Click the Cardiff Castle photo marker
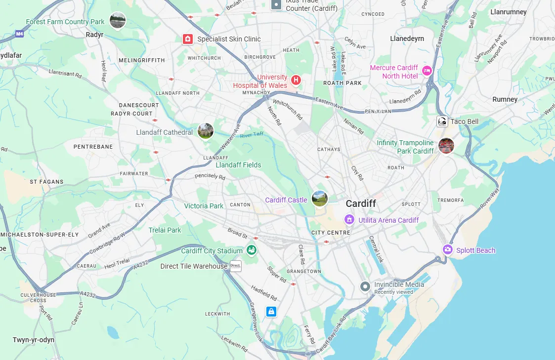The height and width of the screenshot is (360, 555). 320,199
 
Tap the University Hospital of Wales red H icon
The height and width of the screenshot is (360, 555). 296,80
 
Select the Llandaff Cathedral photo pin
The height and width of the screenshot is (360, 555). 206,131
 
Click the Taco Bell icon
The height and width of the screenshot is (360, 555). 442,121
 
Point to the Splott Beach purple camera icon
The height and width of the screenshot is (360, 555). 448,250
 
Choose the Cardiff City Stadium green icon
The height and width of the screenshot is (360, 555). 252,250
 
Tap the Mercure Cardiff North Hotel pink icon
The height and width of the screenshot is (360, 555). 427,72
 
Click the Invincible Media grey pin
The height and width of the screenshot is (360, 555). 365,286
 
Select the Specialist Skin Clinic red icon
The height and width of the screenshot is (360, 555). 187,39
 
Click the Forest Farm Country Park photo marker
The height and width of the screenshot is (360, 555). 117,20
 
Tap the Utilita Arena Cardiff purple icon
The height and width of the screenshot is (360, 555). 349,219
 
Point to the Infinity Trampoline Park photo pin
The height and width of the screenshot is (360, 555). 446,146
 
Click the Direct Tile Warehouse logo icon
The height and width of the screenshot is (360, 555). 235,266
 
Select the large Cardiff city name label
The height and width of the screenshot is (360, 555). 361,203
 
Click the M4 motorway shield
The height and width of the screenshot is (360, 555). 19,34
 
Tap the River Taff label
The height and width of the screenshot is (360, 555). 252,134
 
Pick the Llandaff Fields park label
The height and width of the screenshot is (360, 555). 238,165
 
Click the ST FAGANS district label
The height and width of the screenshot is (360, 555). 46,182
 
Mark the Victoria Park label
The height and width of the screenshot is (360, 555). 204,206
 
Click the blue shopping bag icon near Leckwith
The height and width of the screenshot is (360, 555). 271,312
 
